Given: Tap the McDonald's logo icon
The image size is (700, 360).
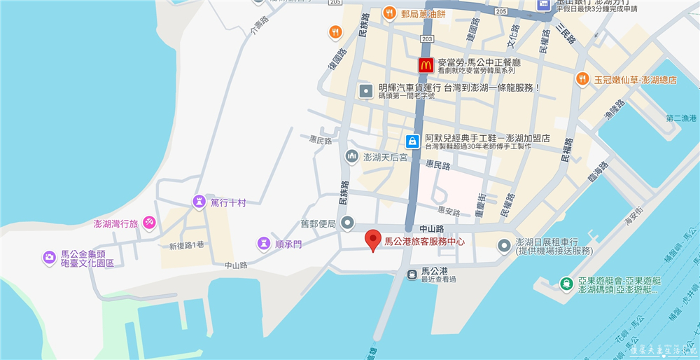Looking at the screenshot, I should (x=424, y=65).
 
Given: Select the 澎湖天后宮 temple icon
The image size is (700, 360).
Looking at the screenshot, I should (x=351, y=157).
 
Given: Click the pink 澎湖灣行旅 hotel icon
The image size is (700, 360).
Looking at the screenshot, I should (x=149, y=223).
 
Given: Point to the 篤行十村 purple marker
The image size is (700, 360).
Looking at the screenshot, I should (x=199, y=202).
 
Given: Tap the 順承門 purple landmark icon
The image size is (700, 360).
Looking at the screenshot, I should (x=263, y=243).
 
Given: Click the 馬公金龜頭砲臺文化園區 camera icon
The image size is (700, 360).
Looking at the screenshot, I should (x=49, y=258).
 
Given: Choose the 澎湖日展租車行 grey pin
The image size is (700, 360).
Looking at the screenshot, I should (x=503, y=245).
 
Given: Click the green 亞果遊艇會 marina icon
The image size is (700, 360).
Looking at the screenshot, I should (x=566, y=284).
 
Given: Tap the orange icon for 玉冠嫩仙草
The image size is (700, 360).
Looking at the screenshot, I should (x=582, y=80).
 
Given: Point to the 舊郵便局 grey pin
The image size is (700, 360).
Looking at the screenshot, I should (x=348, y=223).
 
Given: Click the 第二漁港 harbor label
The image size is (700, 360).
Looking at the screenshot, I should (x=682, y=118).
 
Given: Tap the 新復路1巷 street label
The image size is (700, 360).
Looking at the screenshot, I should (x=186, y=246).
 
